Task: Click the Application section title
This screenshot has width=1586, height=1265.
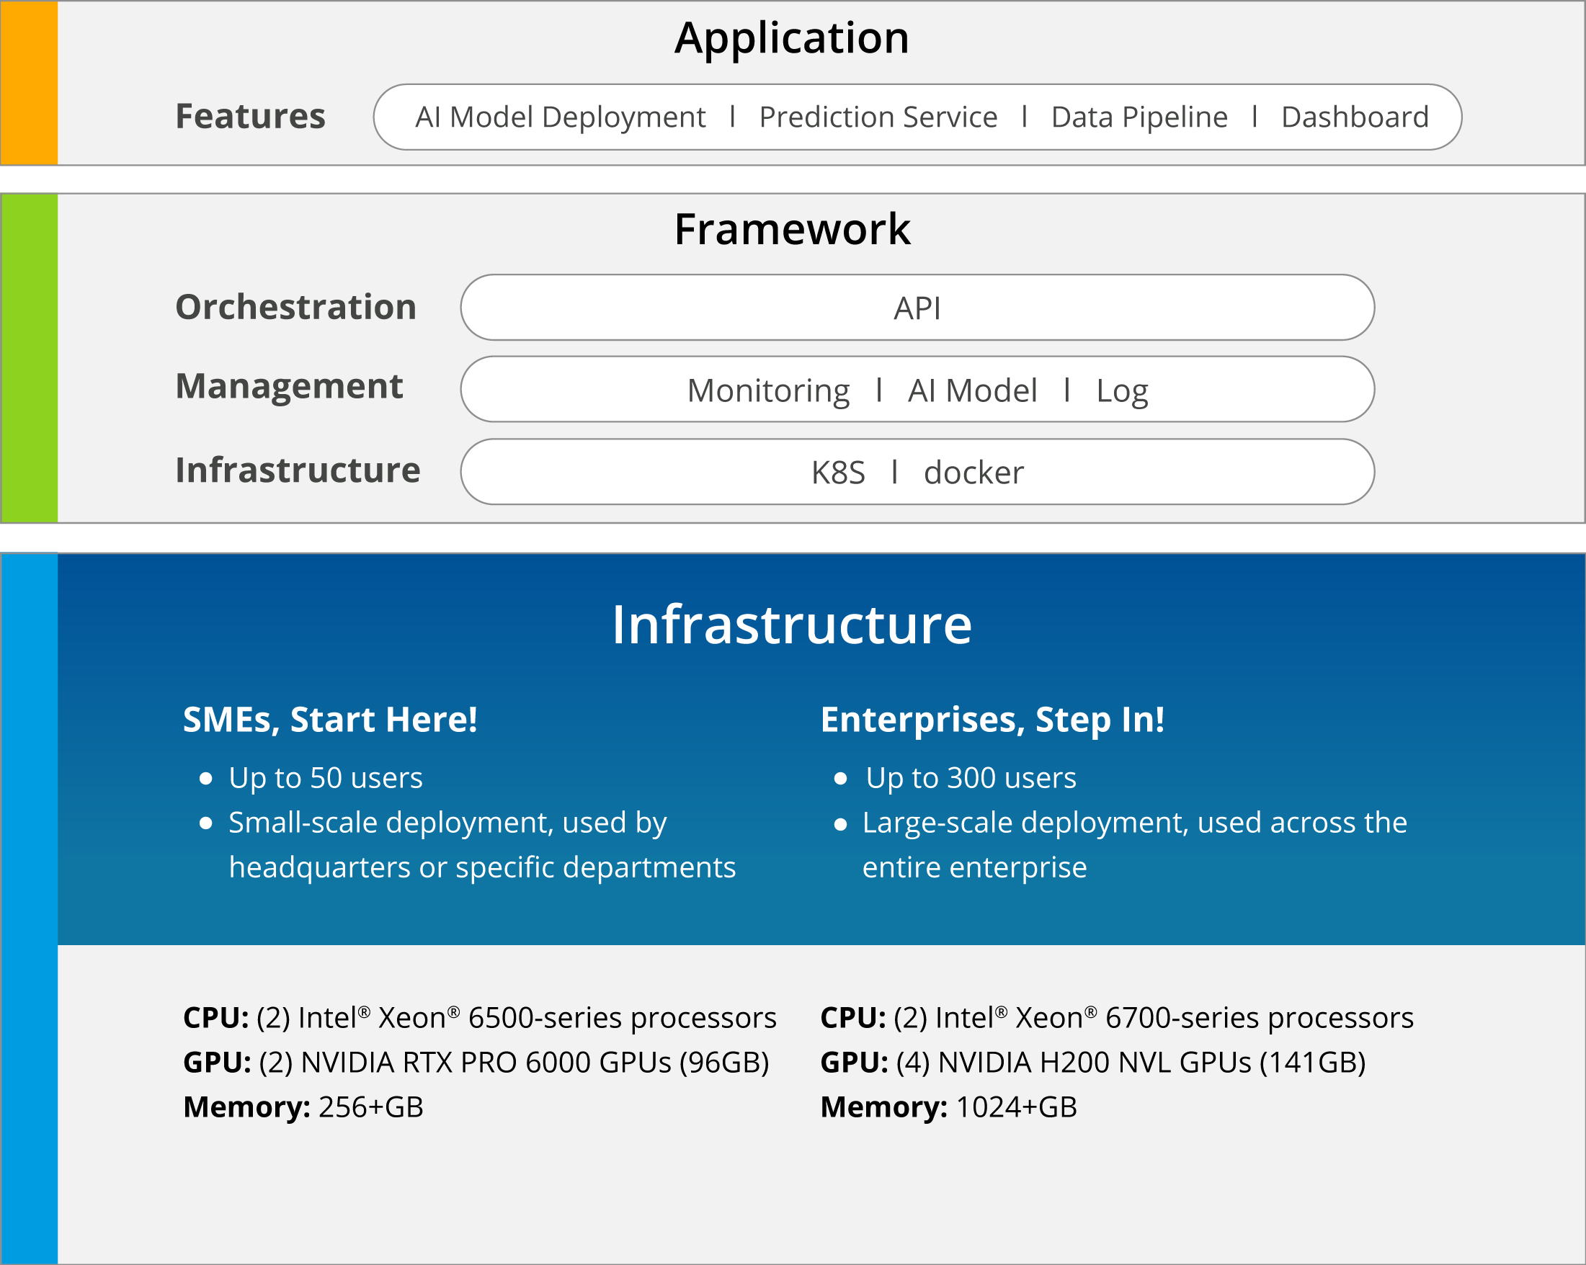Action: coord(792,38)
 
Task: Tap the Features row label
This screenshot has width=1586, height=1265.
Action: coord(250,116)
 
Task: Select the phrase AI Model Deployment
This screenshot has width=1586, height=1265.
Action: coord(561,117)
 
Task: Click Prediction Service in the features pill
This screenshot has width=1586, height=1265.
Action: coord(878,117)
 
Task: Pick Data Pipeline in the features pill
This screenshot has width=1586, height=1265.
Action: coord(1139,117)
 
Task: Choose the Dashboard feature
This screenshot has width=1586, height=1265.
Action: coord(1355,117)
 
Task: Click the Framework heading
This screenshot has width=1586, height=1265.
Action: coord(792,229)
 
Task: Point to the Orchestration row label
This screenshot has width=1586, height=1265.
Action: coord(295,307)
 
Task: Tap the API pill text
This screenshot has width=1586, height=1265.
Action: coord(917,308)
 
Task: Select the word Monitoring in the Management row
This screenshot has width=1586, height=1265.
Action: coord(768,391)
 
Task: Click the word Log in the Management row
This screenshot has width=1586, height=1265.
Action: coord(1122,391)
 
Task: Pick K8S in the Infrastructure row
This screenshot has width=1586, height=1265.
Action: coord(838,473)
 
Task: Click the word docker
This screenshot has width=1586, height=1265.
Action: coord(974,472)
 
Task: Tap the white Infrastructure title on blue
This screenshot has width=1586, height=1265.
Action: coord(792,625)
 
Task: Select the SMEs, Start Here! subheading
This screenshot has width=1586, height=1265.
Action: coord(330,719)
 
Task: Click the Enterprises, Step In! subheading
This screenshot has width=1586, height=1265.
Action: coord(992,720)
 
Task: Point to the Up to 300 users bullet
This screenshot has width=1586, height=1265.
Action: coord(971,778)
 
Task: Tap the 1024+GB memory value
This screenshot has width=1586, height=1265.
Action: coord(1016,1107)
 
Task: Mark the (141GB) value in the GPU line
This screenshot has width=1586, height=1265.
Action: coord(1312,1063)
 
